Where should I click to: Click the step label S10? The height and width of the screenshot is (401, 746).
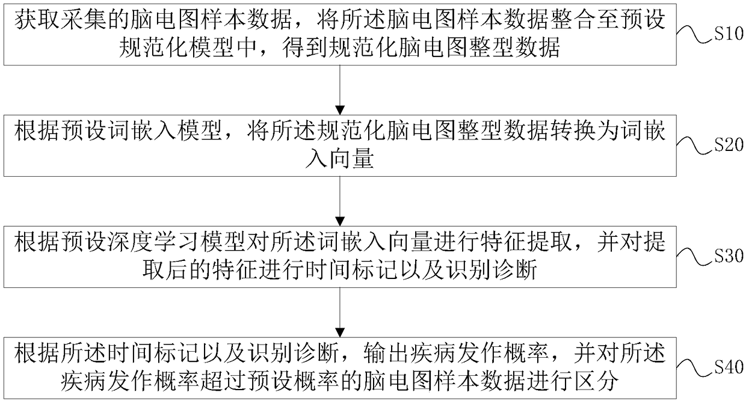click(729, 35)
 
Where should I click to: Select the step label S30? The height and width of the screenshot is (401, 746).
click(729, 256)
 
